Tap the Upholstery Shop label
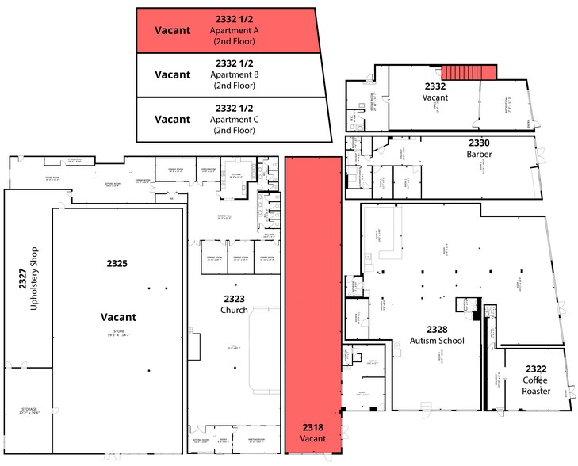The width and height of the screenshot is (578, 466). click(34, 284)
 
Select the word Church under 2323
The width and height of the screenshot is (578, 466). click(234, 311)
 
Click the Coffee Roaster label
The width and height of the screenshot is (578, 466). click(535, 384)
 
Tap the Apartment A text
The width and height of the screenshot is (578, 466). click(235, 31)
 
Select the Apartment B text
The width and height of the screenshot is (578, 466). click(235, 75)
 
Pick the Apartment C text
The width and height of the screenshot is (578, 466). click(235, 120)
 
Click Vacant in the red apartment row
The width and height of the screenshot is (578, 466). click(172, 30)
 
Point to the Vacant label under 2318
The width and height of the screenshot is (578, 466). click(313, 438)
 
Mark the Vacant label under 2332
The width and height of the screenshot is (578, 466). click(435, 97)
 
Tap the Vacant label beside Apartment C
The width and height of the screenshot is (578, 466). click(172, 120)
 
